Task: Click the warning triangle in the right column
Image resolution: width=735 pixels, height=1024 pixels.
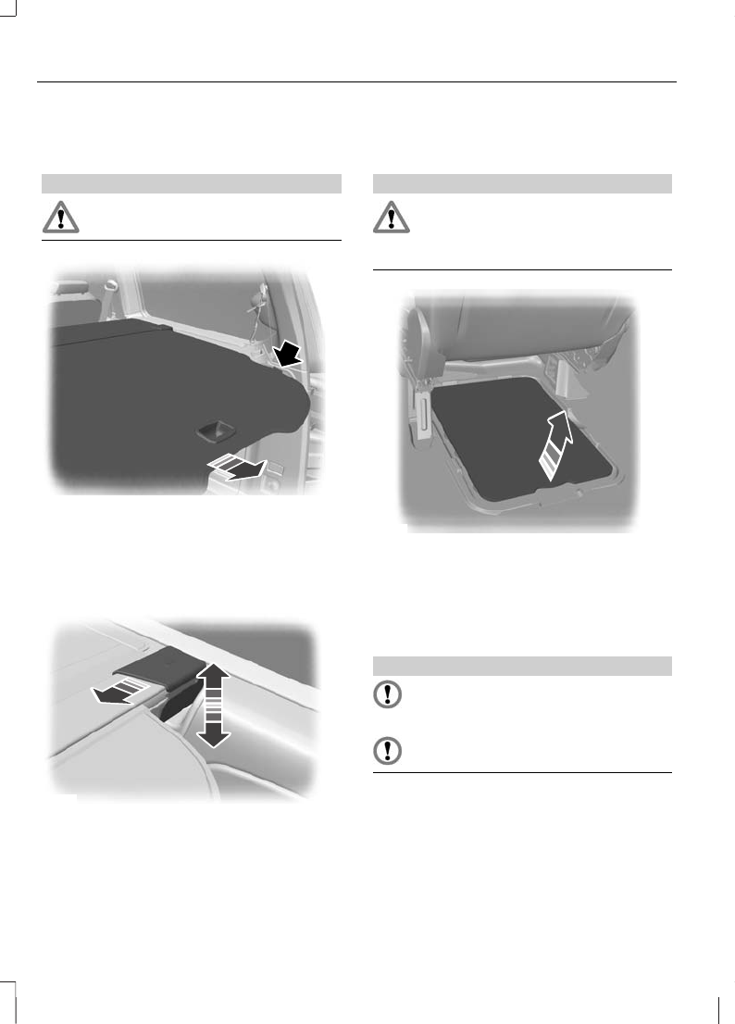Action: tap(391, 218)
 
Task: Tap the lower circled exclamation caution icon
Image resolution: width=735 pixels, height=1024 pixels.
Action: tap(391, 751)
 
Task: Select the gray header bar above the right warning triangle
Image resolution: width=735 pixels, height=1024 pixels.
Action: tap(521, 182)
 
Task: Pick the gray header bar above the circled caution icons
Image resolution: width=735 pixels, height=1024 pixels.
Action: tap(521, 665)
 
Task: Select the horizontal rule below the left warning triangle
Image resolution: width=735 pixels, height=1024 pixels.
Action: tap(192, 241)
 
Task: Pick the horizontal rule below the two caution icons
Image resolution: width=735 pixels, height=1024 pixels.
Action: tap(521, 773)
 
